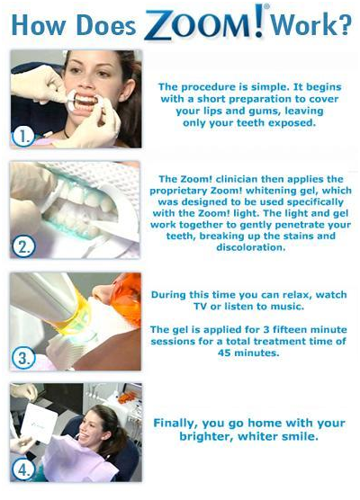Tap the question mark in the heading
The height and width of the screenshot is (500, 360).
click(343, 24)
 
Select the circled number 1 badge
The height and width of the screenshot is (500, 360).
click(23, 137)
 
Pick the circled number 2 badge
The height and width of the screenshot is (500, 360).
click(23, 246)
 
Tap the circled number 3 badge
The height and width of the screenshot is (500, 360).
click(23, 358)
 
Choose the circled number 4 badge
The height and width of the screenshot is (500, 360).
click(23, 469)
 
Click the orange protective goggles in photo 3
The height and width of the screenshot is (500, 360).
click(128, 299)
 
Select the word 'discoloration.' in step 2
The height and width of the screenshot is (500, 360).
click(251, 247)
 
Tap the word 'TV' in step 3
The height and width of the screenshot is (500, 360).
click(200, 307)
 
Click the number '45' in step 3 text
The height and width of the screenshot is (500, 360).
click(225, 353)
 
